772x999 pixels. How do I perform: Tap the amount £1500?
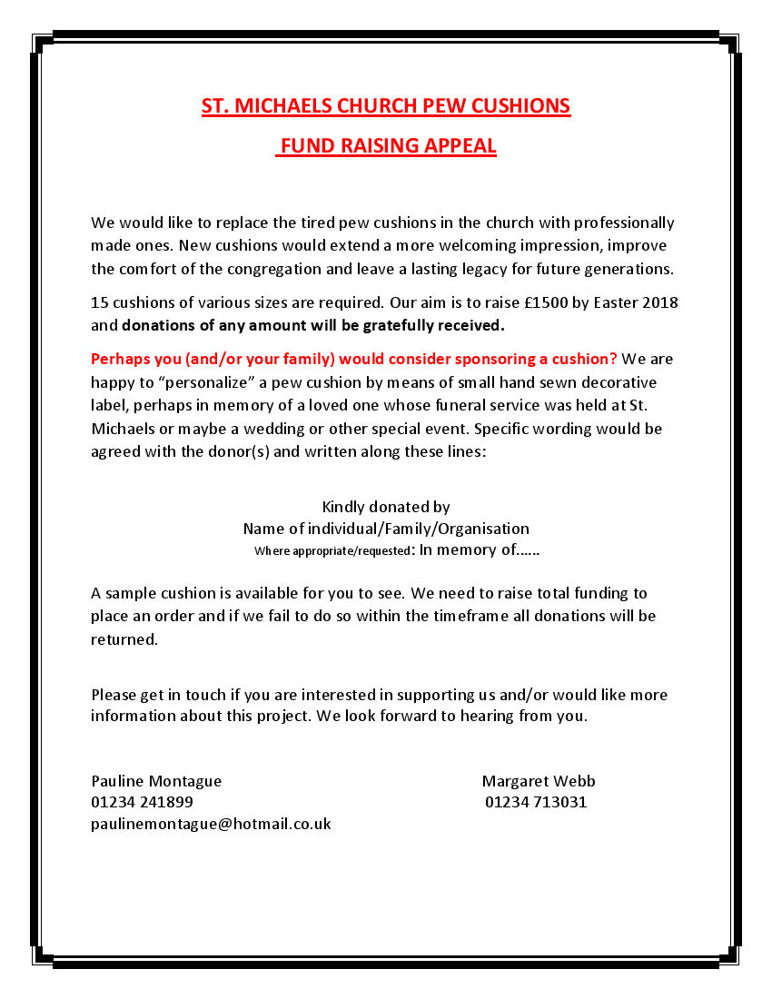(x=541, y=302)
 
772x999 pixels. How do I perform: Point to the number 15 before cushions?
(x=99, y=302)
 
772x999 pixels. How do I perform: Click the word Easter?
(x=614, y=302)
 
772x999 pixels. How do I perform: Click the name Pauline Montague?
(x=156, y=780)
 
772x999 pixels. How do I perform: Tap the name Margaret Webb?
(x=539, y=780)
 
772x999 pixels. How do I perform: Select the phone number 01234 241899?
(x=142, y=802)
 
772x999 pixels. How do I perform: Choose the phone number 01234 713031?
(x=536, y=802)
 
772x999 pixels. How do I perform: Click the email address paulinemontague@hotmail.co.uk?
(x=211, y=824)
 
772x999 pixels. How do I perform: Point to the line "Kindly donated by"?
(x=386, y=506)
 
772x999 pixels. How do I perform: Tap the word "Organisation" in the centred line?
(x=483, y=528)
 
